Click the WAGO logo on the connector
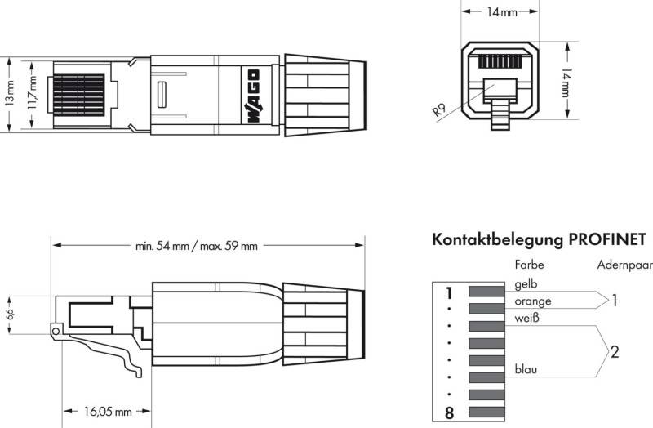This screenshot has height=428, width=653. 253,96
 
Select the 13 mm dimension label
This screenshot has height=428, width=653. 10,93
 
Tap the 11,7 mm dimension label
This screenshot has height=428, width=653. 33,93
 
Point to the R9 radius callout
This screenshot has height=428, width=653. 439,110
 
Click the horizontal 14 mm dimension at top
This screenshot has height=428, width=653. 502,12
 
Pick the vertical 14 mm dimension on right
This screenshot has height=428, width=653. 566,82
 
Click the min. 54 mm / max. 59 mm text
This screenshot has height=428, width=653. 197,246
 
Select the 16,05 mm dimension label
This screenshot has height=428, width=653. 108,412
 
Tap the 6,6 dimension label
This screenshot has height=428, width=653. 10,314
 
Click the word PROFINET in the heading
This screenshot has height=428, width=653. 607,239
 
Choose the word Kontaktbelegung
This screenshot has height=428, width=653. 498,240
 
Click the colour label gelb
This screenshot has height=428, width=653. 526,284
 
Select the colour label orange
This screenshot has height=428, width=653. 533,301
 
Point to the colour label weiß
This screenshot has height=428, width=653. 526,319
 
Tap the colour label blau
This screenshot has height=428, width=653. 526,369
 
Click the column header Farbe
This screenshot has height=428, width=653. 529,265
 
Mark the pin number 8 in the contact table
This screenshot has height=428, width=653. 449,413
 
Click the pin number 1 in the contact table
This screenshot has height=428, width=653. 448,293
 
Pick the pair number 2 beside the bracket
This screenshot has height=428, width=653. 615,352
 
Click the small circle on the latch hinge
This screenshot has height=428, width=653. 56,332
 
